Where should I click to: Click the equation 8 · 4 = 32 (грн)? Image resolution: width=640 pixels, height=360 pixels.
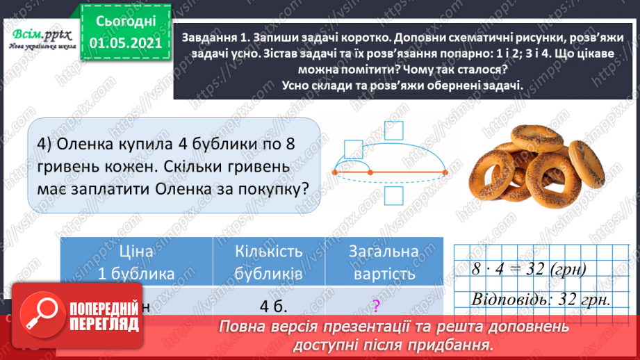pyautogui.click(x=527, y=269)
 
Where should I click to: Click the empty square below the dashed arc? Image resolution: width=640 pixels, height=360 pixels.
pyautogui.click(x=393, y=196)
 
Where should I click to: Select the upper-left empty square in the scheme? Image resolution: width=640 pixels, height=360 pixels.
pyautogui.click(x=353, y=149)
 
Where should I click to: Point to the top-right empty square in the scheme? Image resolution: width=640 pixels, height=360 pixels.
pyautogui.click(x=393, y=133)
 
